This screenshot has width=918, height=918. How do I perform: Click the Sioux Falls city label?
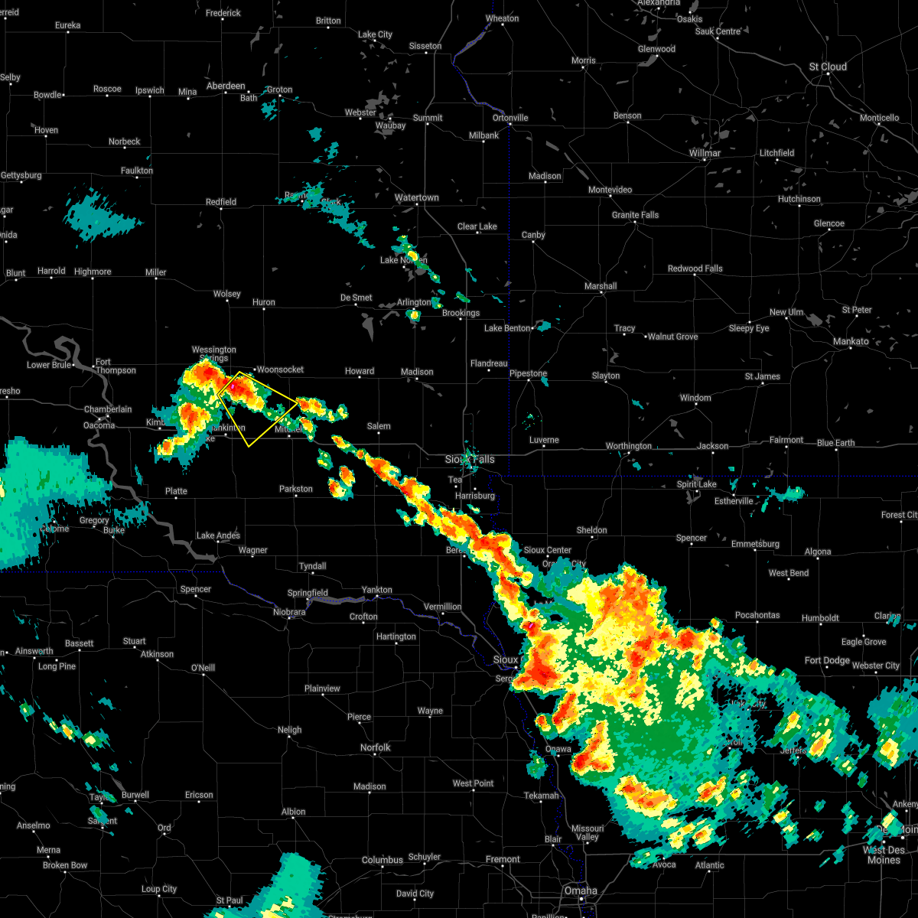point(470,459)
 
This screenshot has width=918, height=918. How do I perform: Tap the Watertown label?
point(416,198)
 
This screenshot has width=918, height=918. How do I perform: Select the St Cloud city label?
point(828,67)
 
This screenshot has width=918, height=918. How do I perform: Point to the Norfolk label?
point(375,747)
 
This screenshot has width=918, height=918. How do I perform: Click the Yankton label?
point(376,590)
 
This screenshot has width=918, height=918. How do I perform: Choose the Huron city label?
point(263,303)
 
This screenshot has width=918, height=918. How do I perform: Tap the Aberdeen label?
point(226,86)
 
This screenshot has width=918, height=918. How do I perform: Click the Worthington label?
point(629,446)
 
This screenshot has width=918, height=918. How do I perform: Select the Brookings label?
point(461,313)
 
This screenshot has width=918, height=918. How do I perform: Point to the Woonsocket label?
point(280,369)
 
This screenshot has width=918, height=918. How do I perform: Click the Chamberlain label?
point(108,409)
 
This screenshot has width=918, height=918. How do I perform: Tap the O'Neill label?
point(203,668)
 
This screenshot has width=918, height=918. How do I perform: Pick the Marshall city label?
point(601,286)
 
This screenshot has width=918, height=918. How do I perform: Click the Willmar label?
point(704,153)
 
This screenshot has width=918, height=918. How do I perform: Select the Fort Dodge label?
point(827,660)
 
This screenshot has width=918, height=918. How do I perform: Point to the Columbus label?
point(382,860)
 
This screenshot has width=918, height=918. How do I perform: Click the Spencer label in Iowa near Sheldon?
point(691,538)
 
